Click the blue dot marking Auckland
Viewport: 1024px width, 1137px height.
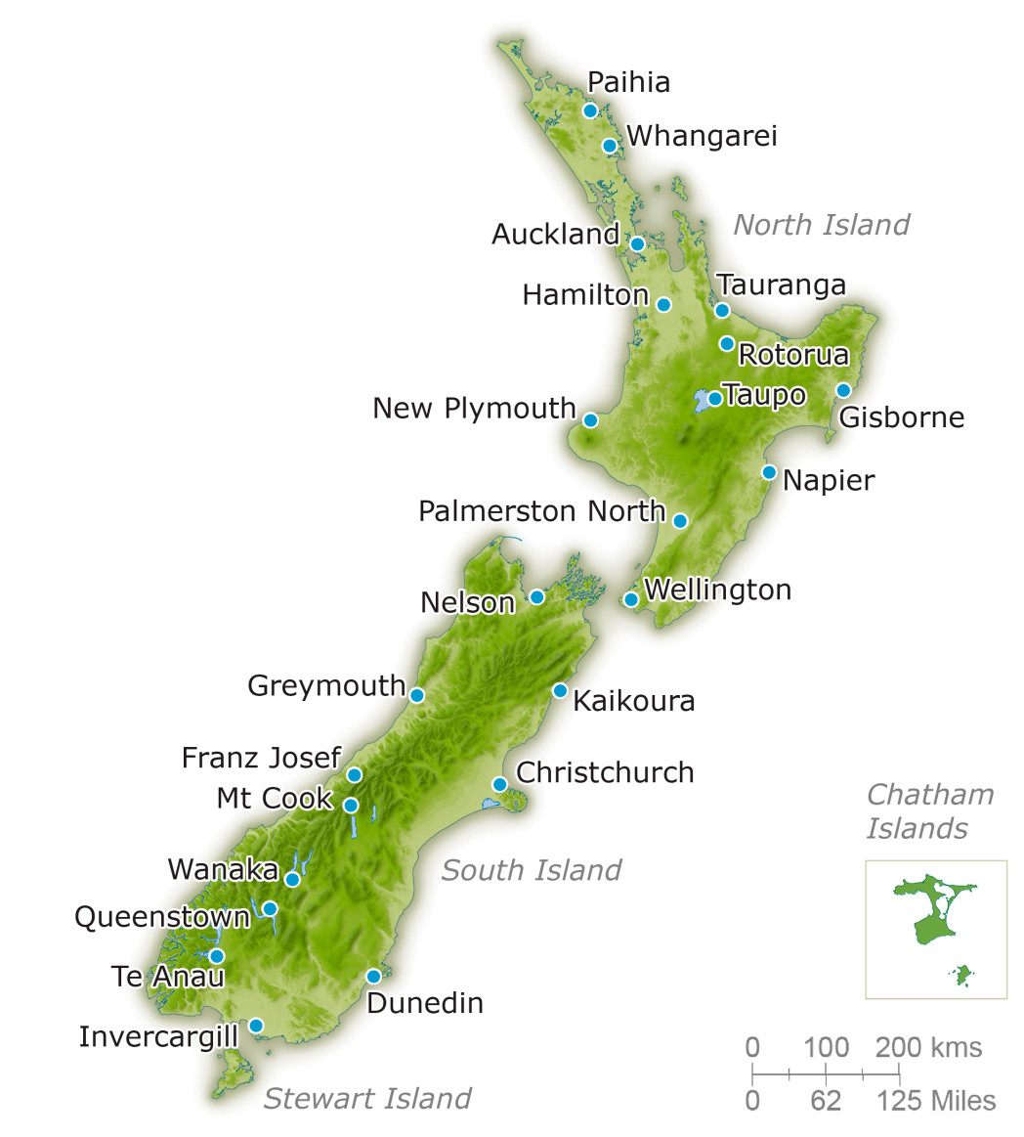637,243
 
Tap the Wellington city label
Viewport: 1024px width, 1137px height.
717,590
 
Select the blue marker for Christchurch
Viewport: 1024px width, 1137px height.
499,784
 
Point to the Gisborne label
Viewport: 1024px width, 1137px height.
901,417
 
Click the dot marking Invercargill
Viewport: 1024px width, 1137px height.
256,1026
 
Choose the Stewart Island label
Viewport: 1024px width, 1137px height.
367,1099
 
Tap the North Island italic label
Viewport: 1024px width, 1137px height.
821,225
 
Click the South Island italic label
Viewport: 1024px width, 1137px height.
531,870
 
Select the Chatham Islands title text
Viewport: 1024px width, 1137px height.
929,811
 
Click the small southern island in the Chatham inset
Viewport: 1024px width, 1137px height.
963,974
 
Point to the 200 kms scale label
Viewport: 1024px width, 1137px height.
928,1048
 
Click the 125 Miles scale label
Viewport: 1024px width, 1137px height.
935,1101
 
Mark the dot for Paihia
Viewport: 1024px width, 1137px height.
590,110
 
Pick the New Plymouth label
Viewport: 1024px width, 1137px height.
474,408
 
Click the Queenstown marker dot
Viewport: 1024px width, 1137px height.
270,909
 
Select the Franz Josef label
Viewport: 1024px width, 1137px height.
261,758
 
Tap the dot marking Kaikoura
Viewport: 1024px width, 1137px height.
560,690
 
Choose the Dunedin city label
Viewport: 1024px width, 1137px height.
425,1003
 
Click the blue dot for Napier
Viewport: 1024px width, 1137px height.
769,473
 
